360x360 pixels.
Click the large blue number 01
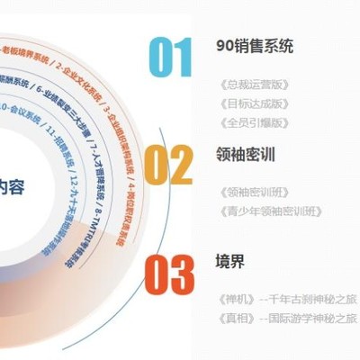point(170,58)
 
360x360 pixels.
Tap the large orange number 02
point(169,166)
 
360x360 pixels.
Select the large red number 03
point(169,275)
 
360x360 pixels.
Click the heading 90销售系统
point(255,46)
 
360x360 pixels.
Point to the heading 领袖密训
point(247,154)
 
